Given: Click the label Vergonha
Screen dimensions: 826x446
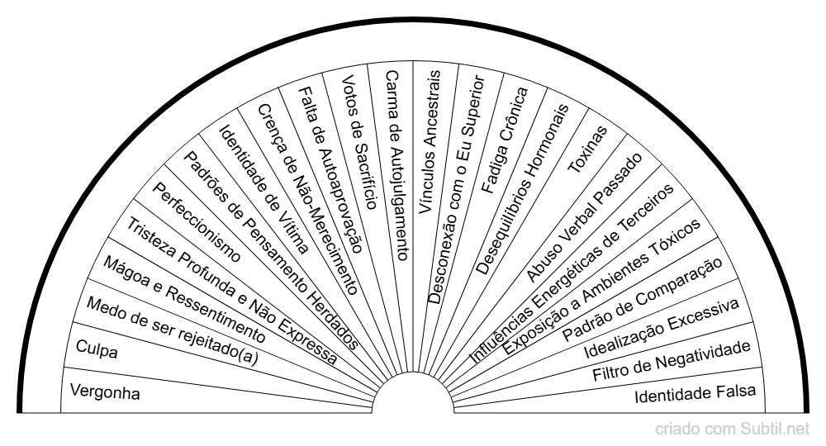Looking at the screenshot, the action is (x=105, y=392).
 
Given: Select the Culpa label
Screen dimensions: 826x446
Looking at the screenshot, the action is (x=97, y=349).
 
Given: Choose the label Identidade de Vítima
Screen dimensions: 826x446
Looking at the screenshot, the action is (x=263, y=190).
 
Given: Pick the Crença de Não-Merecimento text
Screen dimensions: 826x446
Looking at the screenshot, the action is (x=307, y=199).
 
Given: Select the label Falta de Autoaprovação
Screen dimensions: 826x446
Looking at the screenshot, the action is (x=330, y=170).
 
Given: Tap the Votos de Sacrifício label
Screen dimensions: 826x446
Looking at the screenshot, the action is (x=359, y=142).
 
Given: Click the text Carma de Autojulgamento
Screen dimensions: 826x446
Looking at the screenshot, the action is (x=396, y=165).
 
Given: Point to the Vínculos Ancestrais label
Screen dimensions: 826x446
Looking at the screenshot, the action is (x=430, y=142).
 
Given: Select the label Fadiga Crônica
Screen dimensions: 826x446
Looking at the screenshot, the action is (x=505, y=140).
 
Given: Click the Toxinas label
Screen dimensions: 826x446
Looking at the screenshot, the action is (x=587, y=149).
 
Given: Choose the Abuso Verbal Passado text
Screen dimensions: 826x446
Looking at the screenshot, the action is (x=584, y=217).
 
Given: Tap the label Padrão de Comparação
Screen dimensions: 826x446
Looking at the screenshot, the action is (x=643, y=300).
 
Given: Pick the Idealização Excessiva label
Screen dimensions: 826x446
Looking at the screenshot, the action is (x=662, y=328).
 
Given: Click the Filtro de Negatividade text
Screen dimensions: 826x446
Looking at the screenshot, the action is (x=672, y=361).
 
